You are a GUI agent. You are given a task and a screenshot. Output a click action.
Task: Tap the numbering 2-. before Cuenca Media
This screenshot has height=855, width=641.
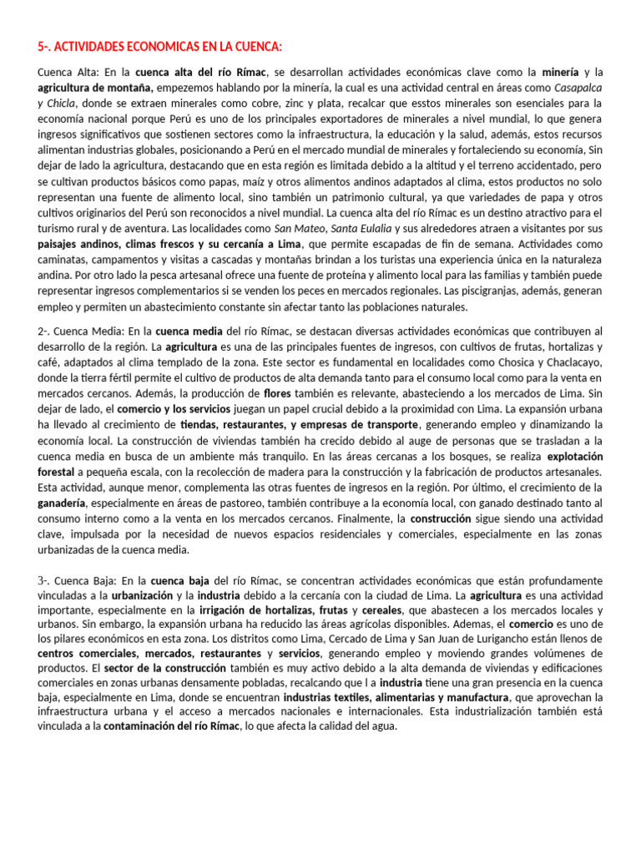pyautogui.click(x=45, y=331)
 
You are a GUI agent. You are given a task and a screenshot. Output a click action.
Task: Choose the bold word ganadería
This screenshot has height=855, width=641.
pyautogui.click(x=61, y=503)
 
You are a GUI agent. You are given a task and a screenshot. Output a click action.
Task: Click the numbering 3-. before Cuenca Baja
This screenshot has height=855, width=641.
pyautogui.click(x=45, y=580)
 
